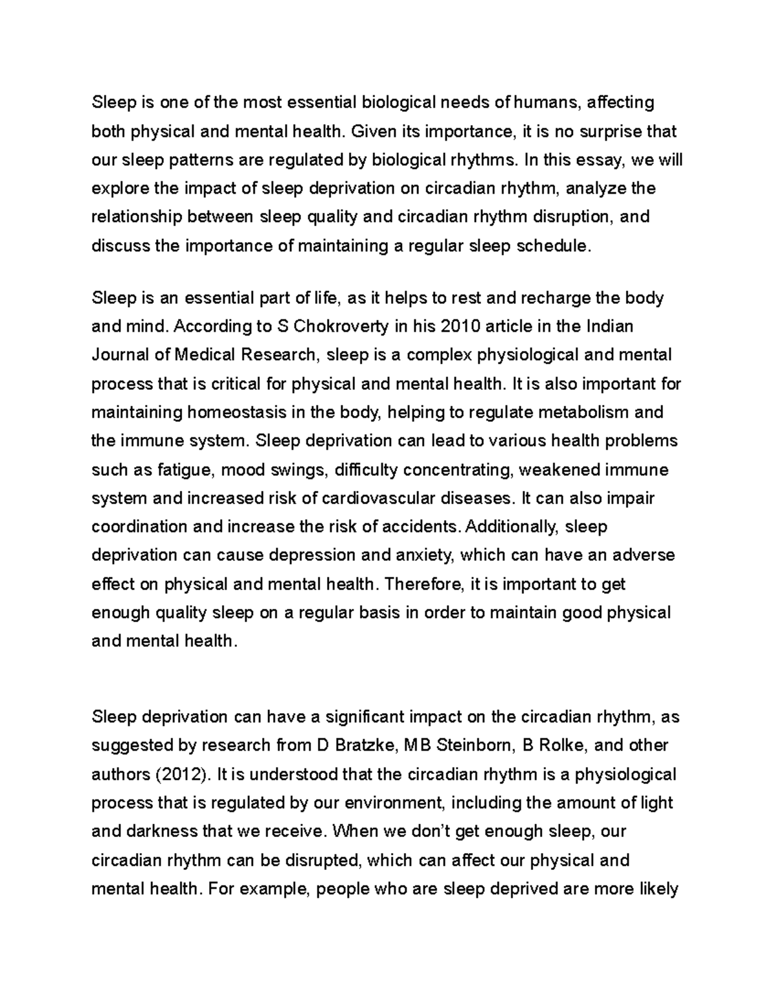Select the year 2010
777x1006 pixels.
click(x=460, y=326)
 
